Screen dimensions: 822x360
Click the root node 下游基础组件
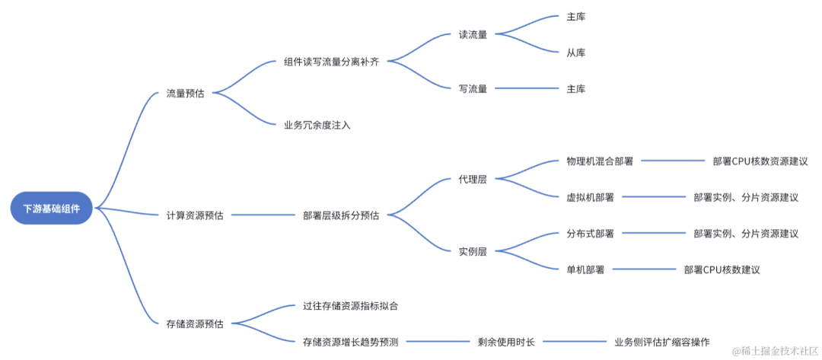(52, 208)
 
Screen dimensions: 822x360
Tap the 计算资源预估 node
(195, 215)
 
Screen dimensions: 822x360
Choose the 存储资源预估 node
(195, 324)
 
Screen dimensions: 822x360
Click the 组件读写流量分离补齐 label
(331, 62)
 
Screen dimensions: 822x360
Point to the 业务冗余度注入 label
(317, 125)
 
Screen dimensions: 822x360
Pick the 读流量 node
(473, 34)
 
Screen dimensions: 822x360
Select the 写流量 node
(473, 89)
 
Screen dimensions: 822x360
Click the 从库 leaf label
(576, 53)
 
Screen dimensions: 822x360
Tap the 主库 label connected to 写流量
(576, 89)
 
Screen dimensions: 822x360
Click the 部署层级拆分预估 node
(341, 215)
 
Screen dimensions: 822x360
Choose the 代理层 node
(473, 179)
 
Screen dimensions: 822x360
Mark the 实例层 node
(473, 251)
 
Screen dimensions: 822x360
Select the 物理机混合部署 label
(600, 161)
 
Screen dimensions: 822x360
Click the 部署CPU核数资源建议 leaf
(760, 161)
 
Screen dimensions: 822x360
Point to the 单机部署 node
(585, 270)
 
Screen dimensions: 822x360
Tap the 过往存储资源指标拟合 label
(351, 306)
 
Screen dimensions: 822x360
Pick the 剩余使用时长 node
(506, 342)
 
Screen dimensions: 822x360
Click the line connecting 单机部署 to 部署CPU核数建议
(645, 270)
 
